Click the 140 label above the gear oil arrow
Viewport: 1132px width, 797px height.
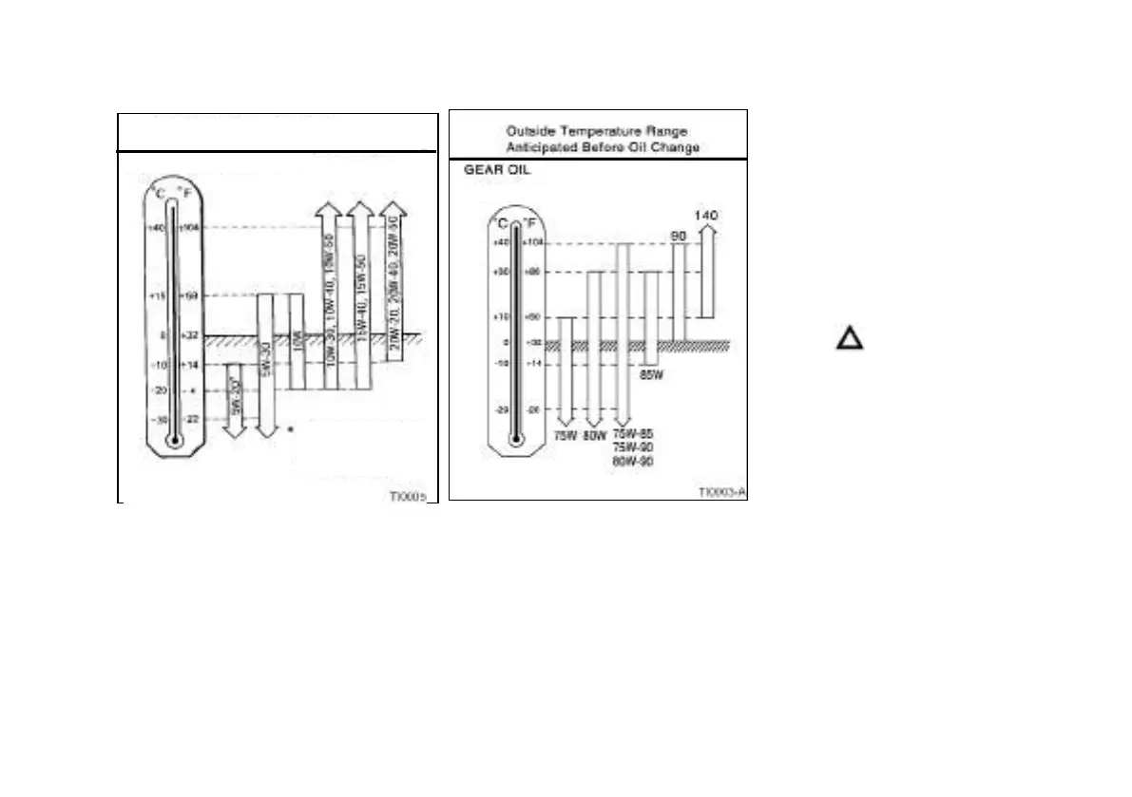[x=705, y=216]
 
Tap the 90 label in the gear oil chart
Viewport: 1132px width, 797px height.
[x=679, y=235]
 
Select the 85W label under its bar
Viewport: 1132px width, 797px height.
[x=651, y=375]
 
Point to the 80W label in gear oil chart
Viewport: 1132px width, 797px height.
[x=594, y=435]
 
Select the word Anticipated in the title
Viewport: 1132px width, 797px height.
[x=541, y=147]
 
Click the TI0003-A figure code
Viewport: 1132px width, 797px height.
[x=721, y=492]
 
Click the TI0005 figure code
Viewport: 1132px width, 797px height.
[x=407, y=495]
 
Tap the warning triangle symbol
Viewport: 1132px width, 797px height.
[x=850, y=339]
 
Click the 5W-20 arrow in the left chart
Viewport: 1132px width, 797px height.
[x=235, y=404]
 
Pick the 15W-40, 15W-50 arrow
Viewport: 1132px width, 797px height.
[x=360, y=285]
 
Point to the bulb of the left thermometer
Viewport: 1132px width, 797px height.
[x=172, y=441]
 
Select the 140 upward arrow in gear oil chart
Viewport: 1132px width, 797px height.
[x=705, y=271]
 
